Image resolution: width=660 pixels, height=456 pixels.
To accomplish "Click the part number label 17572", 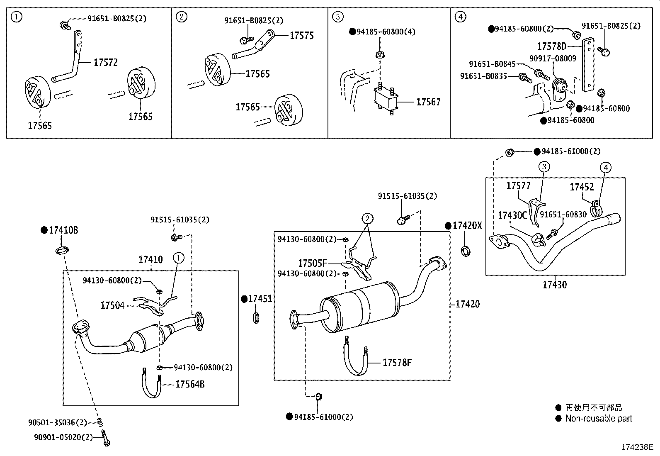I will [x=105, y=63].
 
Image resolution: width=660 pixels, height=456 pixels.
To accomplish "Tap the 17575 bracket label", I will [x=301, y=36].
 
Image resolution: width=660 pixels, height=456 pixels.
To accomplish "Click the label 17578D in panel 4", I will [x=551, y=46].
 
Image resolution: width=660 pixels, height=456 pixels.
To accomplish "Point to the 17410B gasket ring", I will [x=62, y=250].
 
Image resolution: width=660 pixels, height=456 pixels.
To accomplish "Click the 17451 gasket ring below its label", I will [x=256, y=319].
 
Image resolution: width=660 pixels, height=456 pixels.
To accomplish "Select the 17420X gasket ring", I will [x=466, y=251].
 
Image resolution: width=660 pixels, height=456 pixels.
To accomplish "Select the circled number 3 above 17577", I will [x=544, y=167].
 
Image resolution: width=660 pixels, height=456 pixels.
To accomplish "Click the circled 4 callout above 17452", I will [x=606, y=168].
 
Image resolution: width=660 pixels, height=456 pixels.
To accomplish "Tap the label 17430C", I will [x=512, y=215].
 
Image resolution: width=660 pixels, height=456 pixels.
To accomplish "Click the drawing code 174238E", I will [x=636, y=447].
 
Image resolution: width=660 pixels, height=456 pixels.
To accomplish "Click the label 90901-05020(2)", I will [x=63, y=436].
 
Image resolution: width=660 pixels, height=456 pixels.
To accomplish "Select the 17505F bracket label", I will [x=313, y=263].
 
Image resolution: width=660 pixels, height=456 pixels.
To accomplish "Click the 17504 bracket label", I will [x=112, y=306].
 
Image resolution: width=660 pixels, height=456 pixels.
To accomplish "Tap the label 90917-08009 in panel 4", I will [x=553, y=59].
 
